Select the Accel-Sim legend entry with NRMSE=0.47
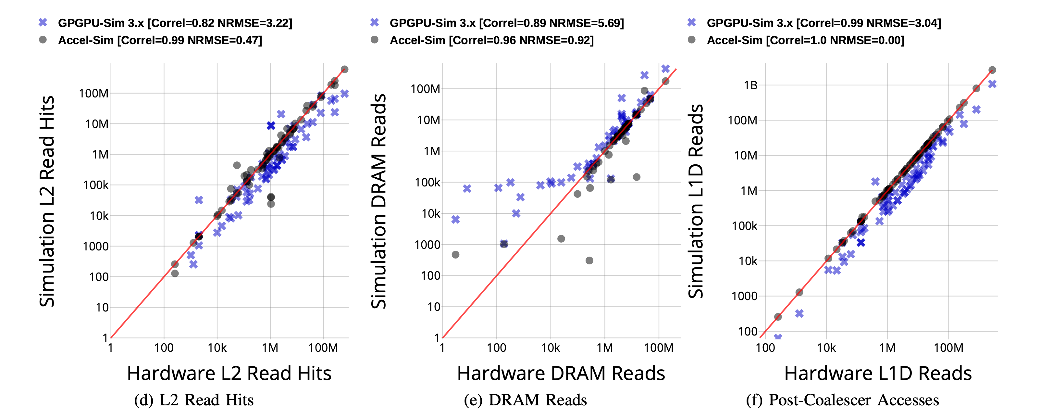(160, 40)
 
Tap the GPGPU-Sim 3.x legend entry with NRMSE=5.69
(506, 23)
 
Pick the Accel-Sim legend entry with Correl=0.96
(491, 40)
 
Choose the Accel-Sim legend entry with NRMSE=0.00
(805, 40)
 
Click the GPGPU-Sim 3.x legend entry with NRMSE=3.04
(823, 23)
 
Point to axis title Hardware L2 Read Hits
(229, 373)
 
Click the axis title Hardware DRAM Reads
(561, 373)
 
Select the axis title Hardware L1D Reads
(878, 373)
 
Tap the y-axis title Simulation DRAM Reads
(379, 201)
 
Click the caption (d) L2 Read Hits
(194, 400)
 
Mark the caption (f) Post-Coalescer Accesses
(842, 400)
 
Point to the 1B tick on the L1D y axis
(750, 85)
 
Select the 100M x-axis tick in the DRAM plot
(659, 348)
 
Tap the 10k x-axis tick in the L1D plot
(826, 348)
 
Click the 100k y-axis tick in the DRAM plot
(427, 183)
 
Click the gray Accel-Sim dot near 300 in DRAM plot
(589, 260)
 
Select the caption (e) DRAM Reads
(525, 400)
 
